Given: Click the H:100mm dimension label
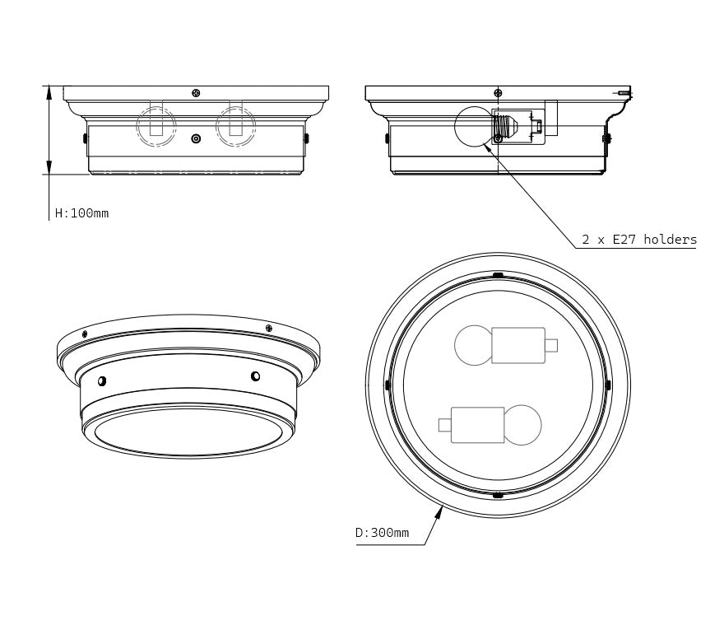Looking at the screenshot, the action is [x=81, y=213].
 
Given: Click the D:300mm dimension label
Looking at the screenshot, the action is [x=382, y=533].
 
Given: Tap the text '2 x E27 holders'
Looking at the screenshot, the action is [x=639, y=239].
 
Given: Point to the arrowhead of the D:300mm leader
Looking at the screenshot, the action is [x=439, y=511].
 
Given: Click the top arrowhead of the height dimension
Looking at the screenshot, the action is [x=49, y=92].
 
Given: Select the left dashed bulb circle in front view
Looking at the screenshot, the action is [x=156, y=126].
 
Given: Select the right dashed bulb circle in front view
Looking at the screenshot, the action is [x=236, y=126].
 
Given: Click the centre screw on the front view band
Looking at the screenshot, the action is [x=197, y=138].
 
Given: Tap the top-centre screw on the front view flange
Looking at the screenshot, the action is [x=196, y=93].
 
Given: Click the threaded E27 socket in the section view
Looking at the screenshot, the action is [x=504, y=125].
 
